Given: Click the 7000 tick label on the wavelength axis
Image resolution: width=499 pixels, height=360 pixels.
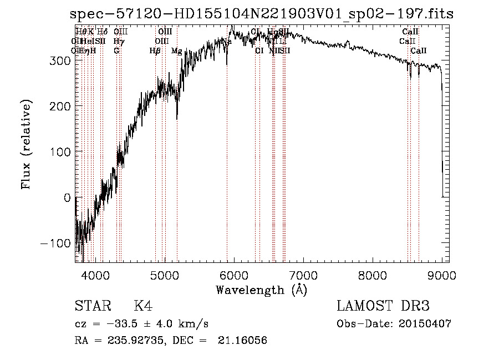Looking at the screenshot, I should pyautogui.click(x=303, y=276).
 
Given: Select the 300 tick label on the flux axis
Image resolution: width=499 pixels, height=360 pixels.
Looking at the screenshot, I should pyautogui.click(x=60, y=60).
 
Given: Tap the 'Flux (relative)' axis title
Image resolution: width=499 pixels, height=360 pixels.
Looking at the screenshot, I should pyautogui.click(x=27, y=144).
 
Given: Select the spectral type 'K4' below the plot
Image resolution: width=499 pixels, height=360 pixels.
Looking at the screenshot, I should pyautogui.click(x=143, y=306).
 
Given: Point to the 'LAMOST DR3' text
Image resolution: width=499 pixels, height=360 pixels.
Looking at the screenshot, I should pyautogui.click(x=383, y=306).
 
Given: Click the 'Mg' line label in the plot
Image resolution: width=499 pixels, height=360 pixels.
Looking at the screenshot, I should pyautogui.click(x=176, y=51).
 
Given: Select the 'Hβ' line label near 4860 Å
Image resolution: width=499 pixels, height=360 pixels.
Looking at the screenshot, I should pyautogui.click(x=155, y=51).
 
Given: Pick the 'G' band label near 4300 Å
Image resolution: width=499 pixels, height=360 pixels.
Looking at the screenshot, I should pyautogui.click(x=116, y=51).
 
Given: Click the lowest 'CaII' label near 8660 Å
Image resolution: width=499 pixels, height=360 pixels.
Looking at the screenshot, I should pyautogui.click(x=419, y=51).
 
